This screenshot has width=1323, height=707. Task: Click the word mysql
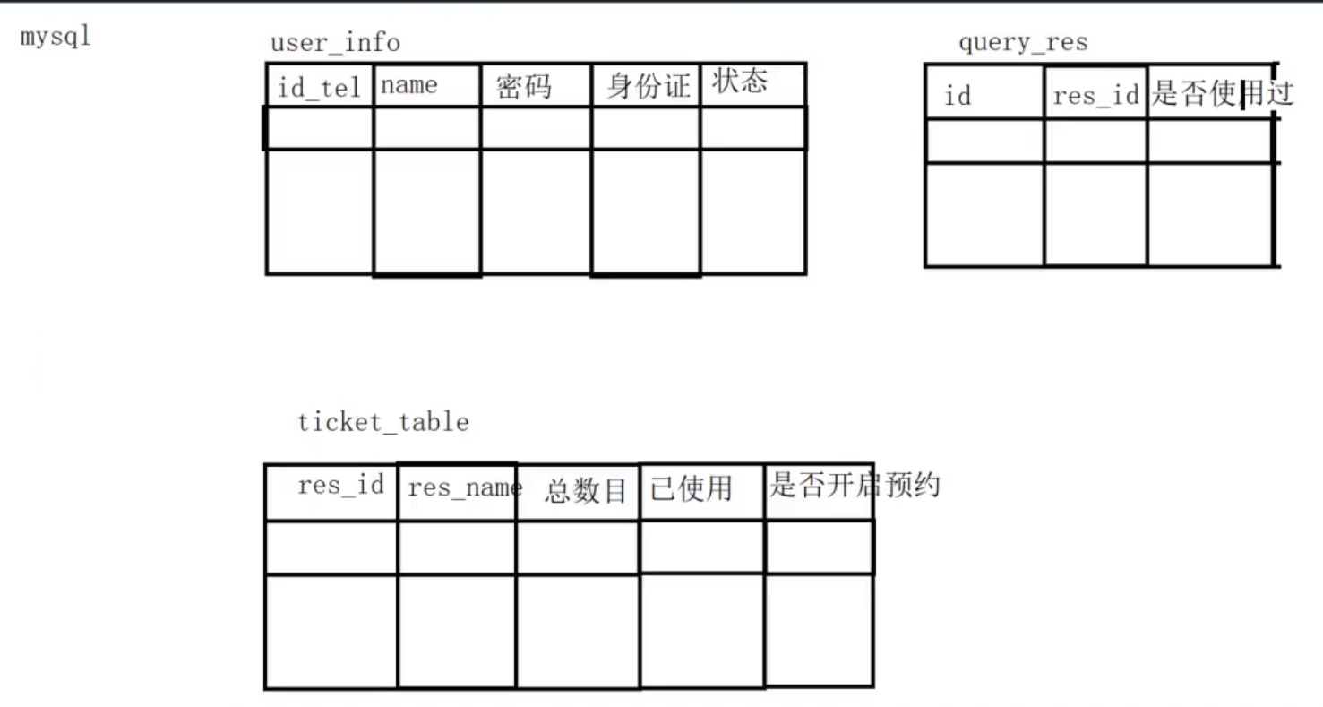(56, 39)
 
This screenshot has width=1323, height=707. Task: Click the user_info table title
(335, 43)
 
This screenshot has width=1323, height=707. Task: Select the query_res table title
(1023, 43)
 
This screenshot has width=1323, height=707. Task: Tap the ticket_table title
(383, 422)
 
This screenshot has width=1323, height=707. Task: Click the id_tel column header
(320, 88)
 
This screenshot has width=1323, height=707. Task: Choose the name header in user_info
(409, 86)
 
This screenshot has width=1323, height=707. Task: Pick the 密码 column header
(523, 88)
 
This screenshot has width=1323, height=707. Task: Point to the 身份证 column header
(649, 87)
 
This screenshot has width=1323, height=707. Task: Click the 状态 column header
(740, 82)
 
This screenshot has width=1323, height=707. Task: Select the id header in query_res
(958, 96)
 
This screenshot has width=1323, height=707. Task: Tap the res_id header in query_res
(1095, 96)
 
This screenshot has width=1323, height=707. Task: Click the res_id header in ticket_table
(340, 486)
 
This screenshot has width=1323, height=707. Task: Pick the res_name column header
(464, 488)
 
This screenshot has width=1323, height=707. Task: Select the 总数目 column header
(585, 491)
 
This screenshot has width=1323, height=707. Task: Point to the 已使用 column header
(691, 488)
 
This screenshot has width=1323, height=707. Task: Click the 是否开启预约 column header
(855, 486)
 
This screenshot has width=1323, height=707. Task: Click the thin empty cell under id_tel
(320, 128)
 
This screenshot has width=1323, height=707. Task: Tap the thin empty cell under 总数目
(578, 547)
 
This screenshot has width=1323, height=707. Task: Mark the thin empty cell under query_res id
(984, 141)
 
